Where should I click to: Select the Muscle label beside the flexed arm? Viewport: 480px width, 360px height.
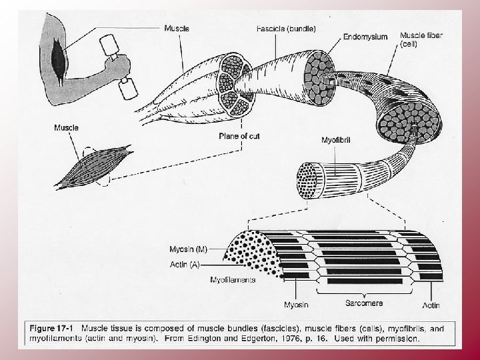tap(177, 28)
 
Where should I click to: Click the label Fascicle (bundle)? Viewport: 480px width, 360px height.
tap(285, 28)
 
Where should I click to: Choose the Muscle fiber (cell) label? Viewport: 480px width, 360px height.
tap(422, 39)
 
